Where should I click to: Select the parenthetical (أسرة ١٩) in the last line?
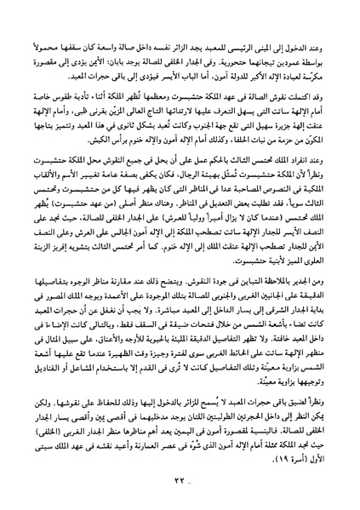point(291,457)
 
